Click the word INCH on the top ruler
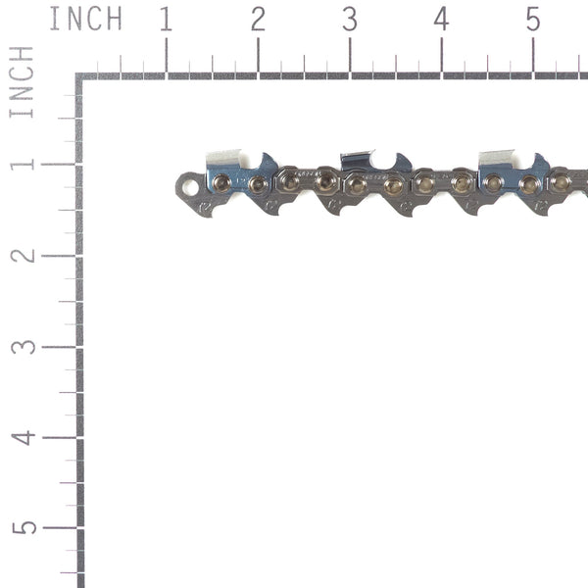tap(85, 19)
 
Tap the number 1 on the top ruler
tap(166, 19)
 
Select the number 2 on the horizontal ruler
tap(258, 19)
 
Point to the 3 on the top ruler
tap(350, 19)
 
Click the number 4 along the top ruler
tap(441, 19)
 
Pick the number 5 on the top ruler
tap(532, 19)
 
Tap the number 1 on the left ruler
tap(22, 163)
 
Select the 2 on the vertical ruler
tap(22, 255)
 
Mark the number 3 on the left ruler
tap(22, 346)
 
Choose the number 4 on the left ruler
tap(22, 437)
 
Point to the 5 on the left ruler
tap(22, 527)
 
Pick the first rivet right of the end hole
tap(221, 181)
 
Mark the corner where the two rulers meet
tap(79, 76)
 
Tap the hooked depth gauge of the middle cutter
tap(401, 163)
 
